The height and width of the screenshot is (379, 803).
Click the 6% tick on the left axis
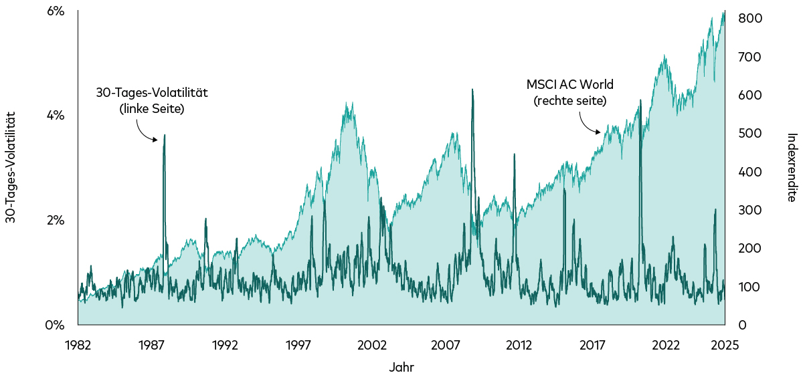55,11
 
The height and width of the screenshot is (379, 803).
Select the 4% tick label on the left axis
55,116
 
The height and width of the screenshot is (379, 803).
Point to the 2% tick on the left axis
55,221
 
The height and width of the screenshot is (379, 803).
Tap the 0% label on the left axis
55,326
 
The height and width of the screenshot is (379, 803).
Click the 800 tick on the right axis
749,19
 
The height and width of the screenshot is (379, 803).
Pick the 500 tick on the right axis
749,134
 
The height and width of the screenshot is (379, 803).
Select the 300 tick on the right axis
749,211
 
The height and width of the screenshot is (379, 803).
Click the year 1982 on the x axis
78,345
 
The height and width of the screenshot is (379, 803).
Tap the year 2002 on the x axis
372,345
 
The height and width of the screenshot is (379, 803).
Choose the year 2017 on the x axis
592,345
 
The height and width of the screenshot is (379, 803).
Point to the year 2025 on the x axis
724,345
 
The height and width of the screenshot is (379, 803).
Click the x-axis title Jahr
401,367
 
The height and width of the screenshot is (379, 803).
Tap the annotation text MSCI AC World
569,85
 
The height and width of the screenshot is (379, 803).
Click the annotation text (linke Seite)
152,109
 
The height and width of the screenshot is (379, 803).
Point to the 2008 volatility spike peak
472,89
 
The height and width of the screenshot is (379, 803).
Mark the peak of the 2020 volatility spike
640,100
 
